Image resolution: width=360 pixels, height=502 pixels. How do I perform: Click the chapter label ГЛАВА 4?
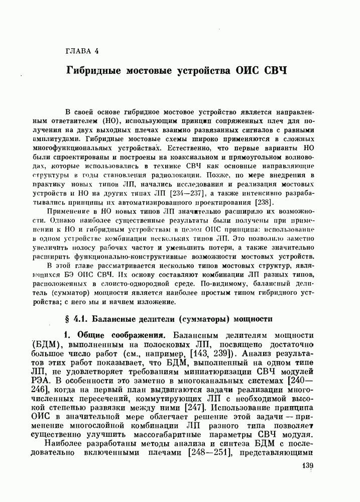83,51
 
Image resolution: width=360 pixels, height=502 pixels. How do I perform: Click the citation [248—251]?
208,453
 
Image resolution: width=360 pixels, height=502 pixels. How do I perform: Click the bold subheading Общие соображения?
117,335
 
